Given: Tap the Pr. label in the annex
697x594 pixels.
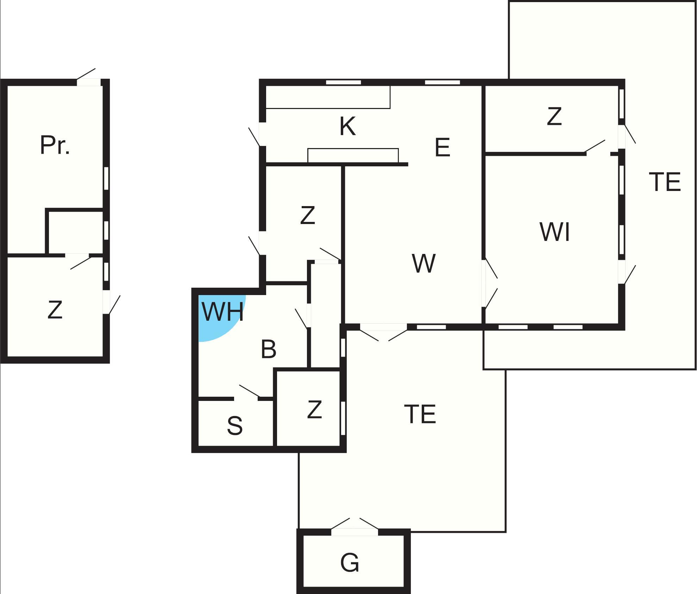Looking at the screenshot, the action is click(x=55, y=145).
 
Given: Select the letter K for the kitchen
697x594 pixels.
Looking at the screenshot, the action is click(x=347, y=126).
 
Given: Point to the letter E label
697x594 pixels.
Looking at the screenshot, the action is click(x=442, y=147).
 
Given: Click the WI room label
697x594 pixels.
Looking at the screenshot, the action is click(x=555, y=232).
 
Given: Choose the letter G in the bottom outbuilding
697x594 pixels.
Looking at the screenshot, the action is click(x=350, y=562).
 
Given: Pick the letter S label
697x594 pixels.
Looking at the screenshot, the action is click(x=235, y=425).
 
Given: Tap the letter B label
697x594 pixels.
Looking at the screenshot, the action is click(x=269, y=349).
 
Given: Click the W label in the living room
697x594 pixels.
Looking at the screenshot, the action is click(x=423, y=263).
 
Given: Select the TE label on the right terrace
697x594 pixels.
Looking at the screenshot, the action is click(x=665, y=182).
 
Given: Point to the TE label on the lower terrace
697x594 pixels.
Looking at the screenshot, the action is click(x=420, y=414).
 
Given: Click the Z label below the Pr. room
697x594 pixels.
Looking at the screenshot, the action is click(x=55, y=310).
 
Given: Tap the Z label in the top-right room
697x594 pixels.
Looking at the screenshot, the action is click(x=554, y=116).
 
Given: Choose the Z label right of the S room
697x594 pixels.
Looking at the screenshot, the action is click(x=314, y=410).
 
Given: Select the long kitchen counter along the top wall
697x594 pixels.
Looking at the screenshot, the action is click(x=328, y=97).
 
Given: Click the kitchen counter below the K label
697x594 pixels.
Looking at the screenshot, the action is click(x=353, y=156).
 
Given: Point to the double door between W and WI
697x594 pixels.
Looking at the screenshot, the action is click(x=490, y=283).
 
